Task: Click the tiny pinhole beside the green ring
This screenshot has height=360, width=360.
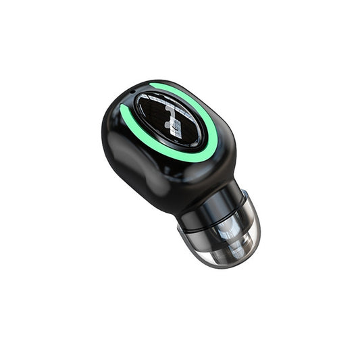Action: [132, 90]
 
